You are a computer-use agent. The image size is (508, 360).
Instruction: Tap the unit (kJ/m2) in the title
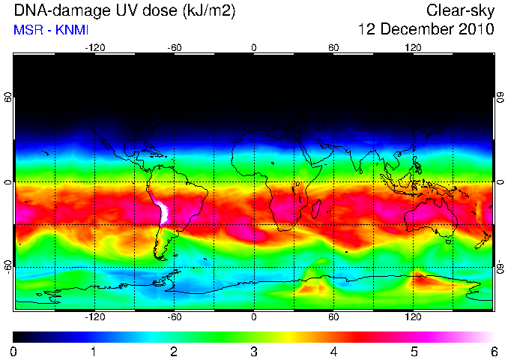click(209, 10)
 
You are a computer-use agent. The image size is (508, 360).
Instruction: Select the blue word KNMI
click(72, 30)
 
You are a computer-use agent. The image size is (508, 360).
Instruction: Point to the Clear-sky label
click(460, 10)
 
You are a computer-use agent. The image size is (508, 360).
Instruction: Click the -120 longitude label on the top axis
click(95, 48)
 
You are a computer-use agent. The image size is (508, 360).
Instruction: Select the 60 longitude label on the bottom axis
click(333, 316)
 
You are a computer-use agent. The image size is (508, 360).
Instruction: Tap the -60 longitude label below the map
click(175, 316)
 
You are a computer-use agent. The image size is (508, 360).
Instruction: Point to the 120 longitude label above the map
click(413, 48)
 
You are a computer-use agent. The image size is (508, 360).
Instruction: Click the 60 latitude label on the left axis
click(8, 97)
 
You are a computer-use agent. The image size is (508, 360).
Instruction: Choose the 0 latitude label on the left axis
click(8, 182)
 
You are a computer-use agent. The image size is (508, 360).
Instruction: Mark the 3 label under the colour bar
click(254, 352)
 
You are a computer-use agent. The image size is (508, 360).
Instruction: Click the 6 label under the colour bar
click(494, 352)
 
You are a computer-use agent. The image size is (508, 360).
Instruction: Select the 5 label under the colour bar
click(414, 352)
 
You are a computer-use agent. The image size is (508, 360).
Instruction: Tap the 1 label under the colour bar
click(94, 352)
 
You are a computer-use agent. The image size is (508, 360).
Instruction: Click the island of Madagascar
click(316, 208)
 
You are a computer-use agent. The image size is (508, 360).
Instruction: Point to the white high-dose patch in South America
click(163, 211)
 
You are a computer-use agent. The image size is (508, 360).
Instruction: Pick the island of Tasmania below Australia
click(448, 241)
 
